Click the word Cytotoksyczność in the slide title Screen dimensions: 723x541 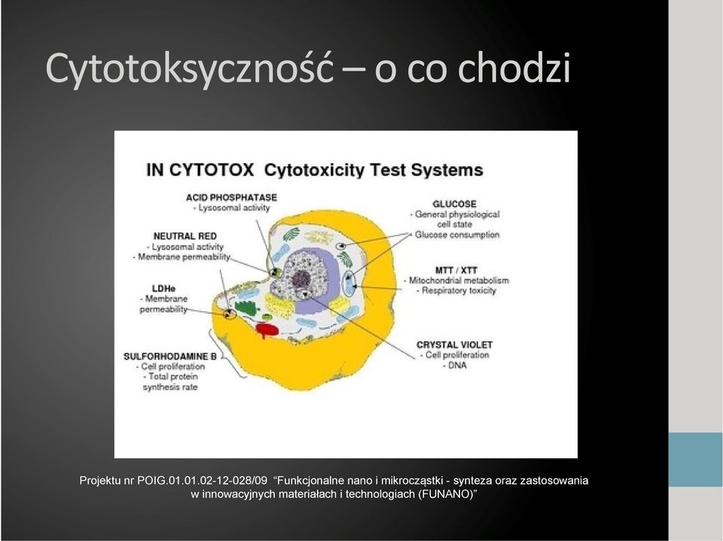point(189,68)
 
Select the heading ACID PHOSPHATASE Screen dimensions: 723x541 point(231,198)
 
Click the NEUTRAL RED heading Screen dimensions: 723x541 point(185,236)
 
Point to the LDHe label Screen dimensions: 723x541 point(163,289)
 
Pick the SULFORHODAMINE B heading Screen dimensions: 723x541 point(170,357)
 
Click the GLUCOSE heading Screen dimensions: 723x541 point(454,204)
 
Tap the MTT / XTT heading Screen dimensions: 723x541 point(456,270)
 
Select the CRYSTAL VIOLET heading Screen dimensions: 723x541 point(454,345)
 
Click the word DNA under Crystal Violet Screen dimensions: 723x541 point(456,366)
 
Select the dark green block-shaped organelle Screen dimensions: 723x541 point(244,307)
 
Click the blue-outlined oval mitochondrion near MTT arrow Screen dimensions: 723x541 point(349,284)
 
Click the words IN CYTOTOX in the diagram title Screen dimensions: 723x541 point(200,170)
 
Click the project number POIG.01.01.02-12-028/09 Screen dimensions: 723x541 point(202,481)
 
